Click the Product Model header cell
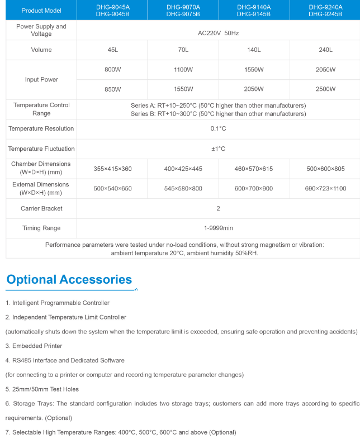pyautogui.click(x=41, y=11)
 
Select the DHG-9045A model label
pyautogui.click(x=112, y=7)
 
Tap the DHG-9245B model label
pyautogui.click(x=325, y=14)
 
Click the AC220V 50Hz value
pyautogui.click(x=218, y=34)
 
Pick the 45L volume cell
pyautogui.click(x=112, y=50)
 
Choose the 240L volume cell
pyautogui.click(x=325, y=50)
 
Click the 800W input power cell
pyautogui.click(x=112, y=70)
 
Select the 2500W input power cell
pyautogui.click(x=325, y=89)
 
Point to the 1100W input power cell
pyautogui.click(x=183, y=70)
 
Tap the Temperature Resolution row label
pyautogui.click(x=41, y=128)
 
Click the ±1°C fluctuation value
pyautogui.click(x=218, y=149)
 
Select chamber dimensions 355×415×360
pyautogui.click(x=112, y=168)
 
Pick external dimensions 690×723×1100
pyautogui.click(x=325, y=188)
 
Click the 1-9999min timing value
pyautogui.click(x=218, y=228)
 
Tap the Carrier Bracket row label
pyautogui.click(x=41, y=208)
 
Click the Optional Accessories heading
pyautogui.click(x=69, y=279)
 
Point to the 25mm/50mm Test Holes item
pyautogui.click(x=42, y=389)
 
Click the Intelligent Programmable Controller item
pyautogui.click(x=58, y=303)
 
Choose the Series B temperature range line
pyautogui.click(x=218, y=113)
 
